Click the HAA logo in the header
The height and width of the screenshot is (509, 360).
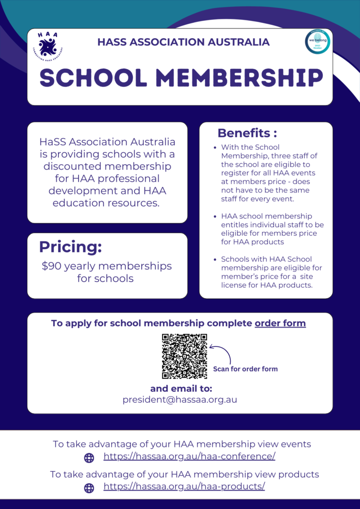48,45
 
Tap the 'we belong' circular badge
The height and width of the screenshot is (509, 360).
317,42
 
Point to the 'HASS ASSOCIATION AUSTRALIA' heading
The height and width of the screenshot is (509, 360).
183,42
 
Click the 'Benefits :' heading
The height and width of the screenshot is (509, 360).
247,133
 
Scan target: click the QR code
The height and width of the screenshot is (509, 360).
184,356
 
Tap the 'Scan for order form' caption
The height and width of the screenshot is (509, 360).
245,369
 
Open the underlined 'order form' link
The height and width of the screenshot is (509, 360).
280,323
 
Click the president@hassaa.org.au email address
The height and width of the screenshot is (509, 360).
180,400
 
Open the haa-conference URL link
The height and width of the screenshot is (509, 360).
189,456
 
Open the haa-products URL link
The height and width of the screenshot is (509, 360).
184,486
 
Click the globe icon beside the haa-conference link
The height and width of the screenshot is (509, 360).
89,458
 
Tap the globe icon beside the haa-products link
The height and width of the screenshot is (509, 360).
89,488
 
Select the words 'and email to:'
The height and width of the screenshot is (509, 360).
181,388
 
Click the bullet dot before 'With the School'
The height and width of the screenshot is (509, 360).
215,148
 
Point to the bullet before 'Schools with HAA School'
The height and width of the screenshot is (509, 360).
215,259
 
